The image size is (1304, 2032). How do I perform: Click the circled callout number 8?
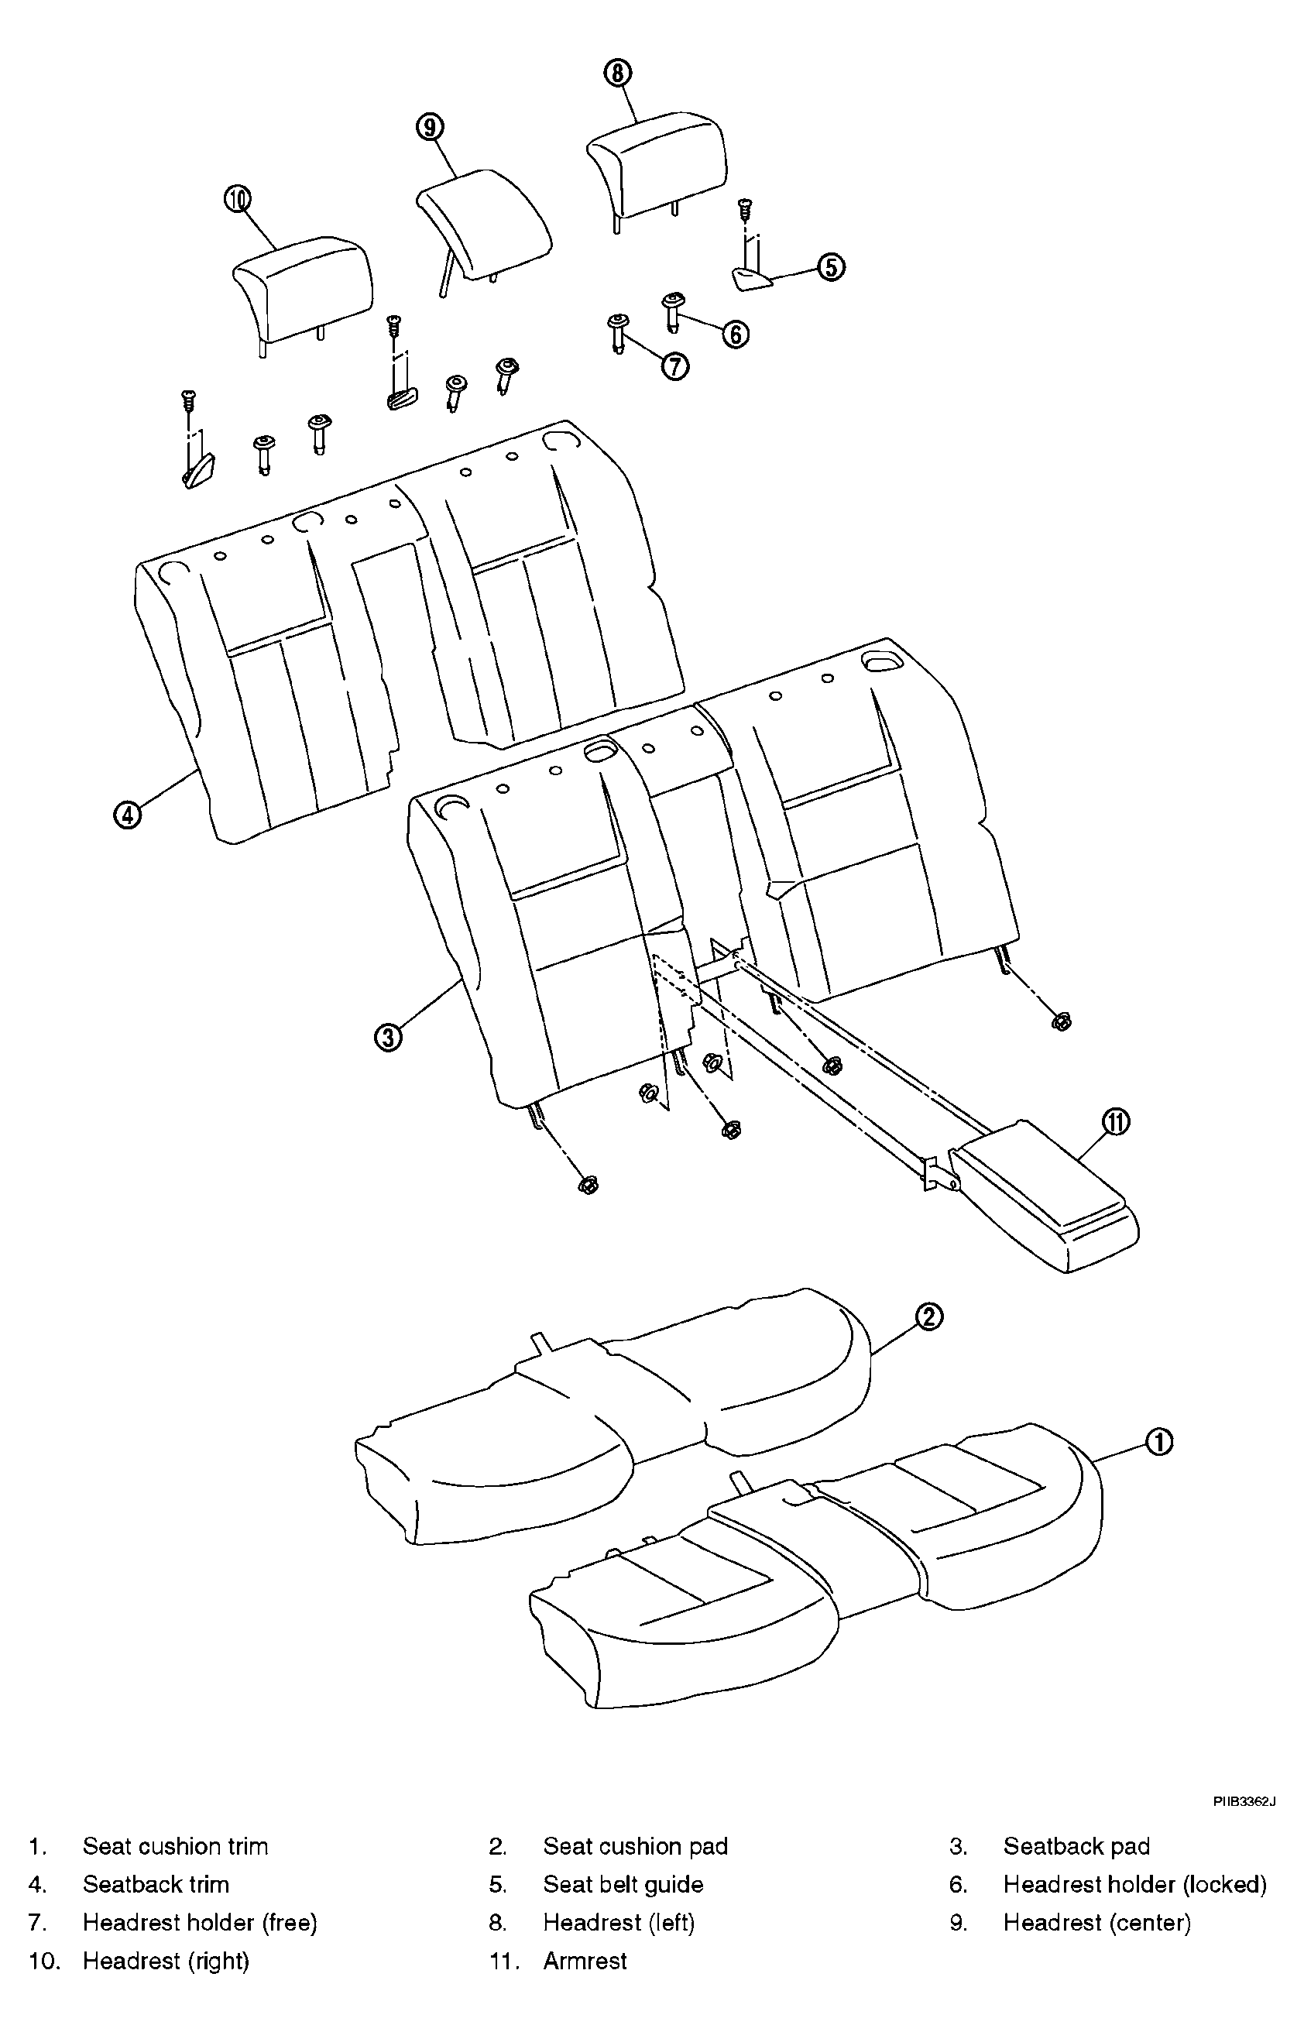click(617, 74)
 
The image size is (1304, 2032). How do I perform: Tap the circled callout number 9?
click(431, 127)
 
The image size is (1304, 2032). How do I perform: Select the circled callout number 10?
click(238, 200)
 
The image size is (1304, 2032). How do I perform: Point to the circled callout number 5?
click(832, 266)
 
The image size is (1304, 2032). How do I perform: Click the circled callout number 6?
click(735, 335)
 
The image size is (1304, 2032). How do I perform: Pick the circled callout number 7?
click(675, 366)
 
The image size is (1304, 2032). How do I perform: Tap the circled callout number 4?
click(127, 815)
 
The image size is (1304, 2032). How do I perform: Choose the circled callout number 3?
click(389, 1036)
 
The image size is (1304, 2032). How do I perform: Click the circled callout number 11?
click(1116, 1123)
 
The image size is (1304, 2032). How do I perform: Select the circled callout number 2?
click(929, 1316)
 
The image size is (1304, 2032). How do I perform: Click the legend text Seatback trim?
click(156, 1884)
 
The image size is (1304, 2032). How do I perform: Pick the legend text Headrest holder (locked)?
click(1134, 1884)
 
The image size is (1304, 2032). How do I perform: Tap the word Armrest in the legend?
click(585, 1961)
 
